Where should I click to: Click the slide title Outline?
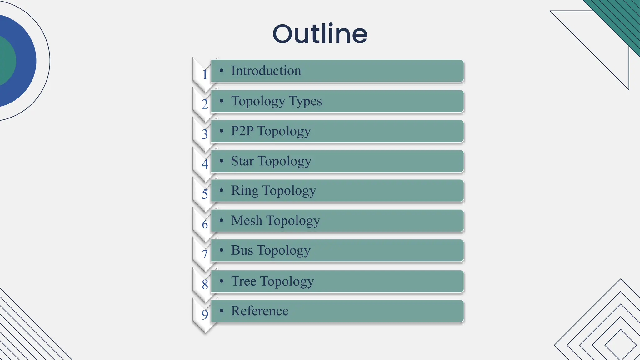[320, 34]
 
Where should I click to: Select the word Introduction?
[266, 71]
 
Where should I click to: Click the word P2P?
[242, 131]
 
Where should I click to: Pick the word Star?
[242, 161]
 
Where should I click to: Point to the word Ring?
[245, 191]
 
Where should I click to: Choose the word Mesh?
[247, 221]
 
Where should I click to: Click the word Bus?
[242, 250]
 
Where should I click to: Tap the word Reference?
[260, 311]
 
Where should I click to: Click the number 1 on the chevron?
[205, 74]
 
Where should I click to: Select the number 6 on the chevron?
[205, 224]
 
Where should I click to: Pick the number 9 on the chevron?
[205, 314]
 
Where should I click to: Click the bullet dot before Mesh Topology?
[222, 220]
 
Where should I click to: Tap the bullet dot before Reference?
[222, 311]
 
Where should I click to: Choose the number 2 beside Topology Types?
[205, 104]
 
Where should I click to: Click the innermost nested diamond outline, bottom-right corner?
[621, 346]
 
